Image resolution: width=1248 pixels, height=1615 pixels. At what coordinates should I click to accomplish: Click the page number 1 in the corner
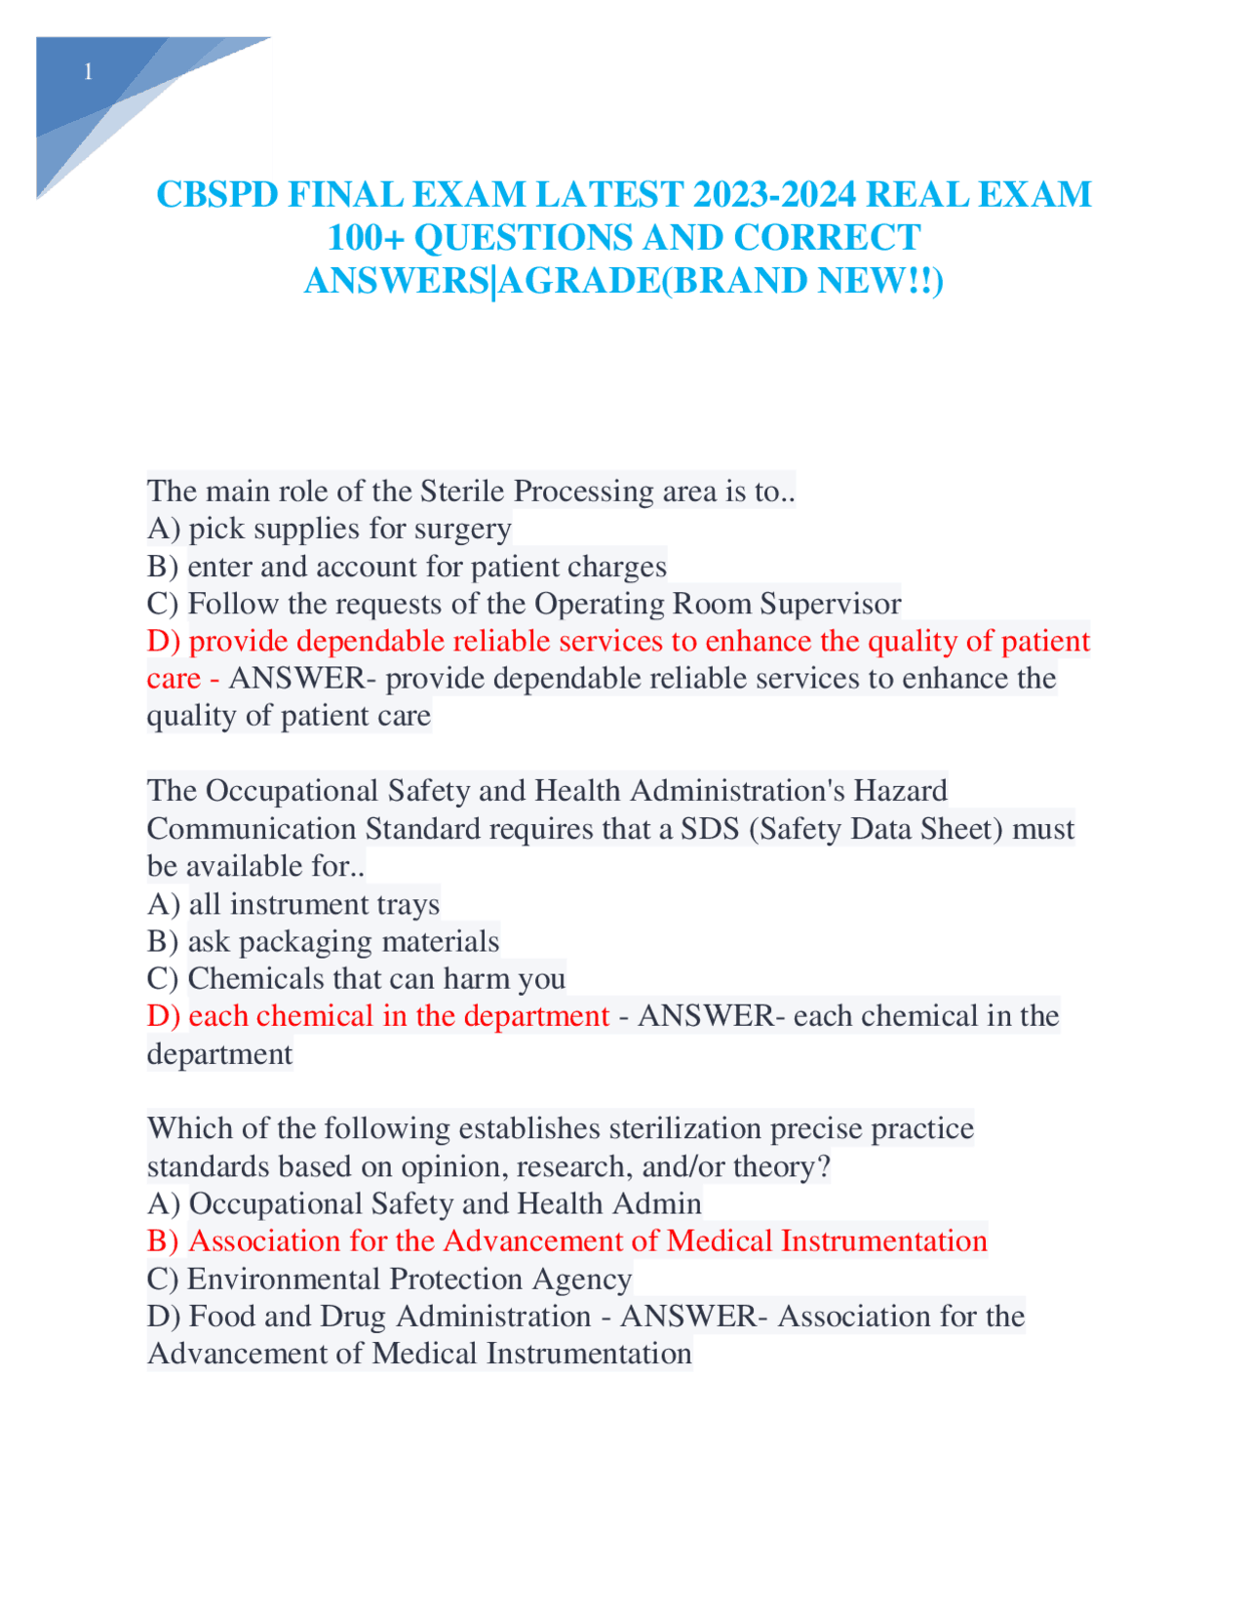pos(89,71)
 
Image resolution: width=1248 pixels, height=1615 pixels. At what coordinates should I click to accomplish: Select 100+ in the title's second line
pos(366,238)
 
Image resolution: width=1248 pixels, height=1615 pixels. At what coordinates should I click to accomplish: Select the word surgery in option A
pos(463,529)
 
